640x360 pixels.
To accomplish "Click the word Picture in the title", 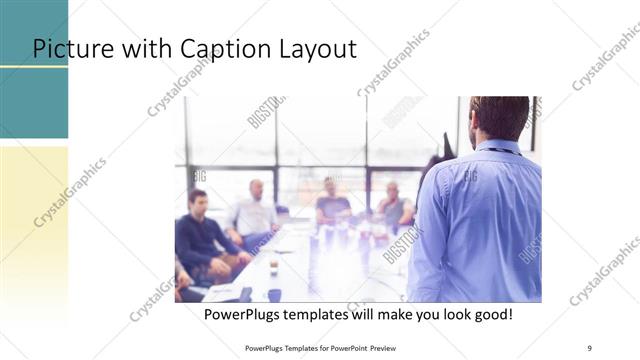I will [69, 49].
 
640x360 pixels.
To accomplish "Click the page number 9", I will [590, 347].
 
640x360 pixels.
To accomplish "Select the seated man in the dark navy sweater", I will [202, 232].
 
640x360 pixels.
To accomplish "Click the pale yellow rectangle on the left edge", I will [34, 220].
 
